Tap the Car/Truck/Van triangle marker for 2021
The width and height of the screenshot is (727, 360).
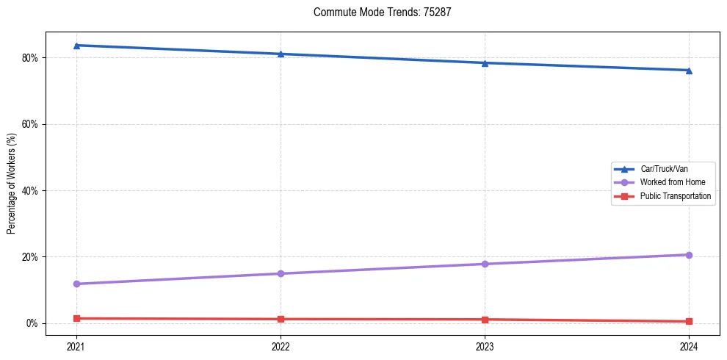coord(76,46)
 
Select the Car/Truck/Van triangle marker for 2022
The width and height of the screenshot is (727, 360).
coord(281,54)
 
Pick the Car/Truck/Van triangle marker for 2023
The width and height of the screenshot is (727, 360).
coord(485,62)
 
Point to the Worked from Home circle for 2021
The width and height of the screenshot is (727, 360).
coord(76,284)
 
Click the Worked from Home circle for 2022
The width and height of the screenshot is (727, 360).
coord(281,273)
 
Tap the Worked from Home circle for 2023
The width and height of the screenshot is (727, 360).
coord(485,264)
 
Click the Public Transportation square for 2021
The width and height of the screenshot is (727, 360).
coord(76,318)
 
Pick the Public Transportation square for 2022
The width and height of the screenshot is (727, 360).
coord(281,319)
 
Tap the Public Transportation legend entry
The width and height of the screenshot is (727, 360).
coord(676,196)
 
